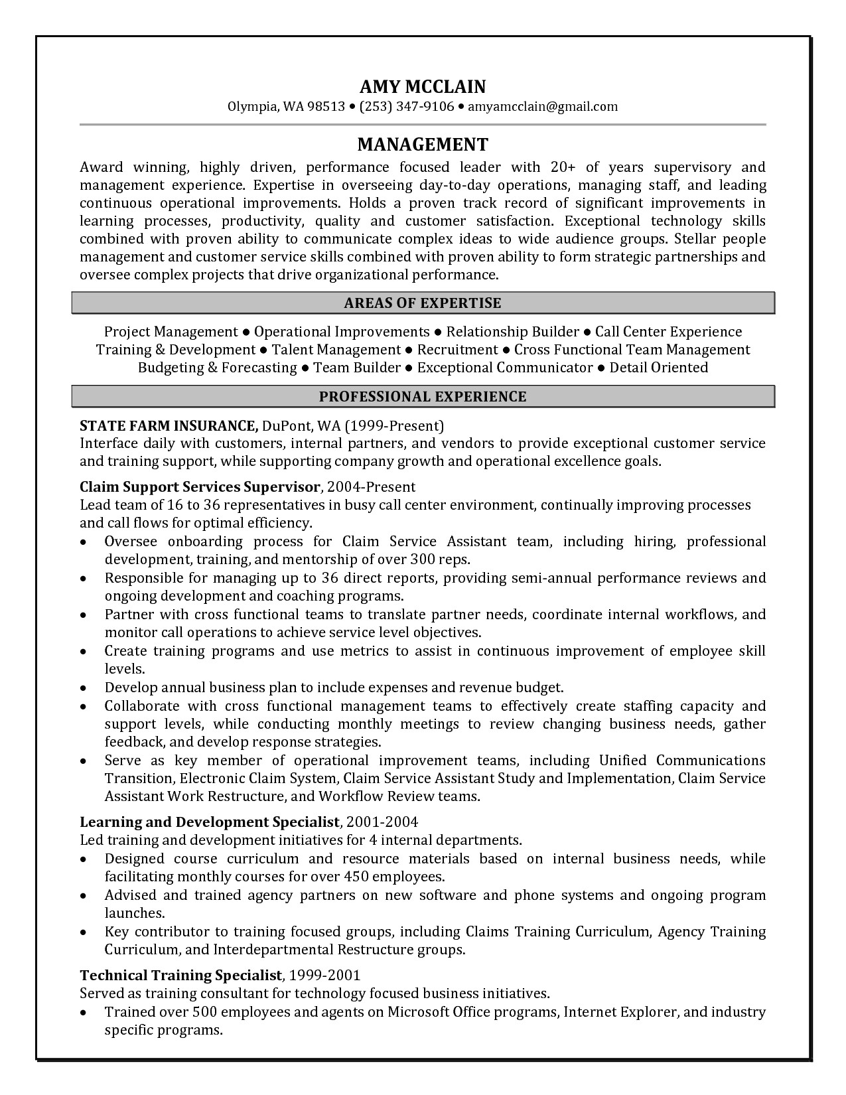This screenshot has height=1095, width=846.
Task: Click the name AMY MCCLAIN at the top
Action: pyautogui.click(x=423, y=86)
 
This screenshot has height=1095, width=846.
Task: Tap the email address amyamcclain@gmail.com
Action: pyautogui.click(x=543, y=106)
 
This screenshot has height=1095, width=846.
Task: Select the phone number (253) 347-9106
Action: pyautogui.click(x=407, y=106)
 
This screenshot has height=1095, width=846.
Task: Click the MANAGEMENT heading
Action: pyautogui.click(x=423, y=144)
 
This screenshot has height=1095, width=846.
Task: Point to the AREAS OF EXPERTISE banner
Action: pyautogui.click(x=423, y=303)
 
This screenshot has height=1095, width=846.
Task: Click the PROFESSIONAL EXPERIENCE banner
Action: pyautogui.click(x=423, y=397)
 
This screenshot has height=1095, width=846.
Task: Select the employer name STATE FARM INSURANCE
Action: pyautogui.click(x=169, y=425)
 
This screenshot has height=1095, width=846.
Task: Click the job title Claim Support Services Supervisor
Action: pyautogui.click(x=200, y=487)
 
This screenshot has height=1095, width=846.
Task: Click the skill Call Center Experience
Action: pyautogui.click(x=668, y=332)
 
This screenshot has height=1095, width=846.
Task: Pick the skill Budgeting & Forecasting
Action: pyautogui.click(x=217, y=368)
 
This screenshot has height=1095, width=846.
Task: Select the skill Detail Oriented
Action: pyautogui.click(x=658, y=368)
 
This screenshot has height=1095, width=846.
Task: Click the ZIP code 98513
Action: pyautogui.click(x=326, y=106)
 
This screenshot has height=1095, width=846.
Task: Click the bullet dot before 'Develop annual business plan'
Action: pyautogui.click(x=83, y=688)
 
